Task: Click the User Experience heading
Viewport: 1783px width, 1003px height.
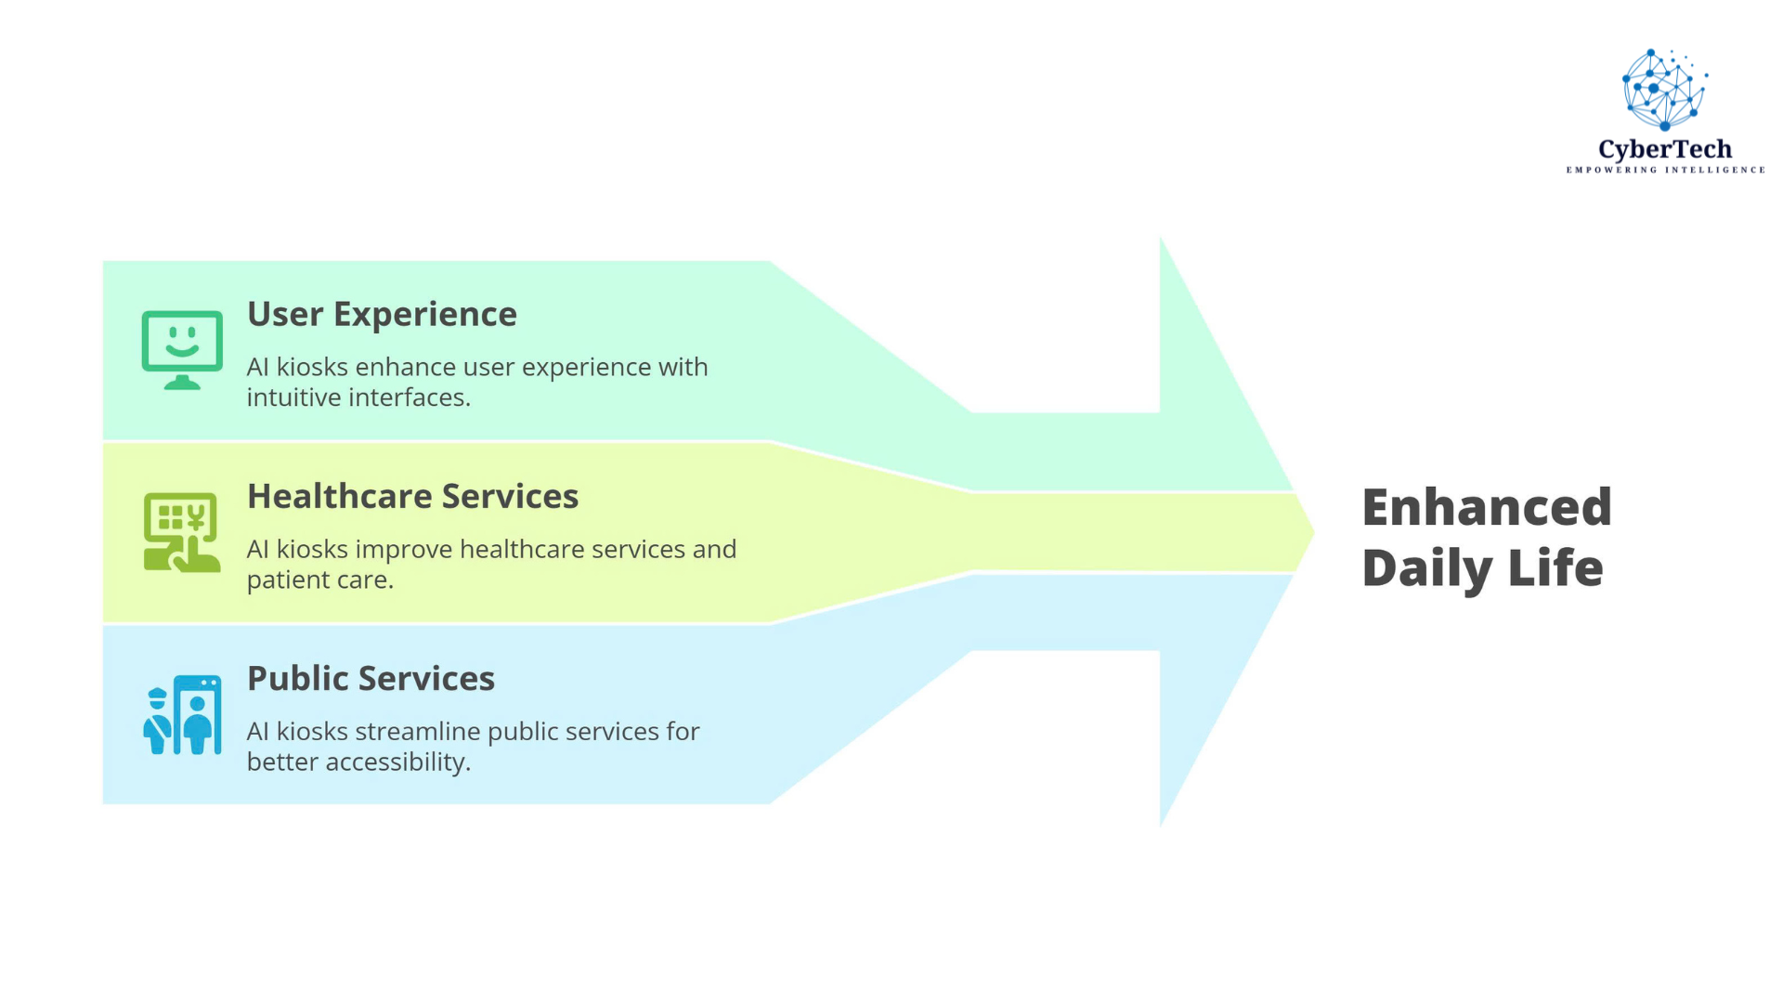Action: click(382, 315)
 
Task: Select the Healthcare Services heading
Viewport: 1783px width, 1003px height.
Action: click(412, 497)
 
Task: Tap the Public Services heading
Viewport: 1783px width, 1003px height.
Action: click(371, 679)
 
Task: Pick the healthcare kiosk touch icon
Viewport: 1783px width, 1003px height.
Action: click(182, 532)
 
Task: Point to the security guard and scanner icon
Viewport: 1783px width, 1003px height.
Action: click(182, 714)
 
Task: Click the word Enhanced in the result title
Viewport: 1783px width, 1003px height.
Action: click(1486, 508)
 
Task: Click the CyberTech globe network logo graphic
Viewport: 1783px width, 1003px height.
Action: click(1664, 89)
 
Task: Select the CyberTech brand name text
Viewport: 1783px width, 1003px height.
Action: click(1664, 150)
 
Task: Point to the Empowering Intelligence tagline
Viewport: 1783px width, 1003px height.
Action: click(1665, 170)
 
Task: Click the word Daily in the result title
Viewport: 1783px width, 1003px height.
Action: click(1426, 568)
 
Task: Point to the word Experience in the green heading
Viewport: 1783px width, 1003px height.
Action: click(424, 315)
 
